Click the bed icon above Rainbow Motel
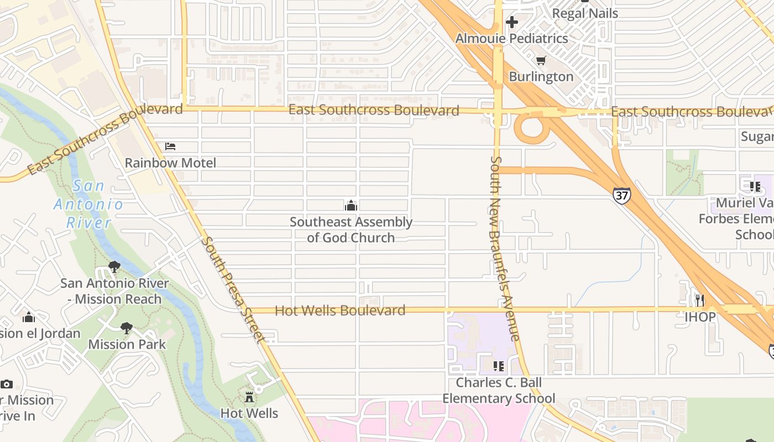tap(170, 146)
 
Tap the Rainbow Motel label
tap(170, 163)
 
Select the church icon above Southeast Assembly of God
tap(351, 206)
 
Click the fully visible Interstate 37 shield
tap(621, 196)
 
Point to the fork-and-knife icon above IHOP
tap(700, 300)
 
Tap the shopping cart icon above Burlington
tap(541, 60)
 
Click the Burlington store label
tap(541, 76)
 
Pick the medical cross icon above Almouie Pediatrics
tap(512, 22)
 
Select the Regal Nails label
tap(585, 13)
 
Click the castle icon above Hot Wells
tap(249, 397)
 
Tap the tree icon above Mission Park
tap(127, 328)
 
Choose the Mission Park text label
tap(127, 344)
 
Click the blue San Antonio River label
tap(88, 204)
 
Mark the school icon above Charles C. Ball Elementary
tap(499, 366)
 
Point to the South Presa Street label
tap(232, 290)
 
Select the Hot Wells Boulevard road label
tap(340, 311)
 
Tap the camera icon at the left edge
tap(7, 384)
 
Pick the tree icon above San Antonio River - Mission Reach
tap(114, 267)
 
